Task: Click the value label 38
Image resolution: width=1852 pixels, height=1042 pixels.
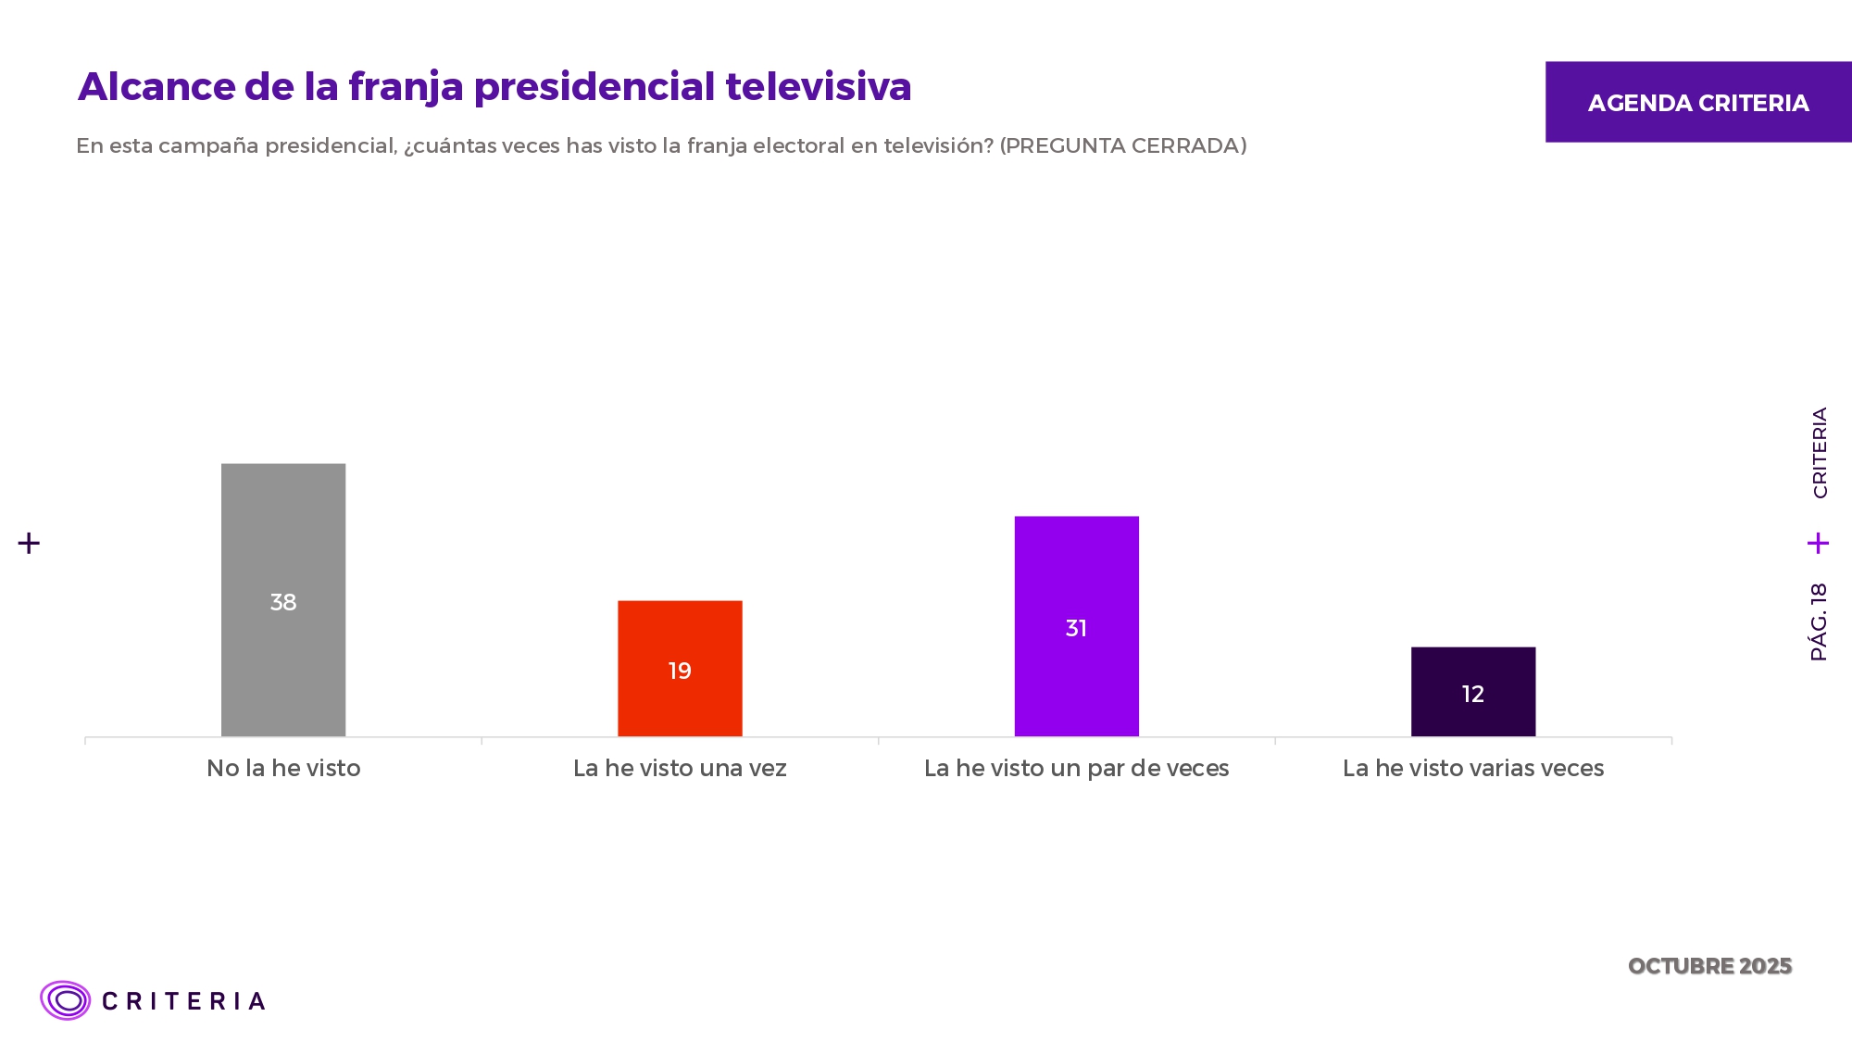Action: (283, 602)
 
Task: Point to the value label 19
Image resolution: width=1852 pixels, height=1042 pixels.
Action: (680, 671)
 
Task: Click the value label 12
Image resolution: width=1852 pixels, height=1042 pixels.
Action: (1472, 694)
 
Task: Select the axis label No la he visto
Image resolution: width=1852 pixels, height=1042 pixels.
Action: (283, 768)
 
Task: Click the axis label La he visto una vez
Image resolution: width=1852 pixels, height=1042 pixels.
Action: (680, 768)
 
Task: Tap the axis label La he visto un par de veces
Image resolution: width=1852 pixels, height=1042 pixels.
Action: (1076, 768)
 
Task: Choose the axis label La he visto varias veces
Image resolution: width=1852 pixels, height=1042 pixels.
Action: (1472, 768)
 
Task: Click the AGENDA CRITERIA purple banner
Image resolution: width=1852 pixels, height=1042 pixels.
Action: (1698, 102)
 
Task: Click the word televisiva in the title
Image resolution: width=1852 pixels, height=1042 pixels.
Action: (819, 87)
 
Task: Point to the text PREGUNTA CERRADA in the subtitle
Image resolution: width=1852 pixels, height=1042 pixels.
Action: (1122, 145)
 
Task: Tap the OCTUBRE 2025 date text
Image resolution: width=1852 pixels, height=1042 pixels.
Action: (1709, 966)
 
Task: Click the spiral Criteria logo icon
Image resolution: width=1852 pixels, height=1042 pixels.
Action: (65, 1000)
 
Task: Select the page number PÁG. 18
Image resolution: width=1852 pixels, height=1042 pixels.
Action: (1819, 621)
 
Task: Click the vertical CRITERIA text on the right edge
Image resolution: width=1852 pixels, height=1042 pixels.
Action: (1820, 453)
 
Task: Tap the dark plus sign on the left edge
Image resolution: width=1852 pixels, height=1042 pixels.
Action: (29, 543)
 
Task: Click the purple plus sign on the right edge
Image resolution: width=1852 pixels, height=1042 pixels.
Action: (1818, 543)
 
